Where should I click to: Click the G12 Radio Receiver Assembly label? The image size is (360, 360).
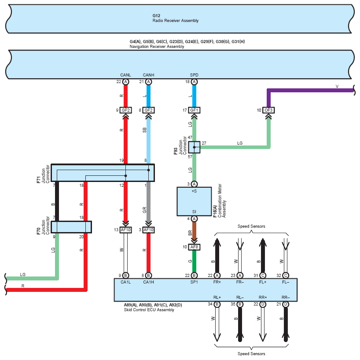click(x=175, y=18)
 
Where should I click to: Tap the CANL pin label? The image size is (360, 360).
click(x=125, y=75)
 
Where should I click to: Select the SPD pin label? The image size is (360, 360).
click(x=194, y=75)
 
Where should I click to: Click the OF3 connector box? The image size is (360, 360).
click(x=268, y=110)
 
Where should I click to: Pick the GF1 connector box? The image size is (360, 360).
click(x=194, y=110)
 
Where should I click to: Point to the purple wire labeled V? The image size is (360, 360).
click(x=308, y=91)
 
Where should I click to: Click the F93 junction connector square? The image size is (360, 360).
click(x=194, y=147)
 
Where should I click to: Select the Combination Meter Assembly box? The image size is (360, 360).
click(x=194, y=201)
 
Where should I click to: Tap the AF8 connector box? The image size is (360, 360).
click(x=194, y=247)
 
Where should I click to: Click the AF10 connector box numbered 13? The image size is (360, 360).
click(x=125, y=229)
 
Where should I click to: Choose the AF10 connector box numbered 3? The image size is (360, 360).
click(x=148, y=229)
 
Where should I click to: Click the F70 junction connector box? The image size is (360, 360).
click(x=71, y=227)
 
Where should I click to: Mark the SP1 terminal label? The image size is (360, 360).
click(x=194, y=282)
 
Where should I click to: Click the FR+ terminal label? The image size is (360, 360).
click(x=217, y=282)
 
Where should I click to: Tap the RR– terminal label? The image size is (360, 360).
click(x=286, y=297)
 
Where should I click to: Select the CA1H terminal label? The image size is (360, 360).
click(x=148, y=282)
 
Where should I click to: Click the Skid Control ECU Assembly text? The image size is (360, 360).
click(x=149, y=310)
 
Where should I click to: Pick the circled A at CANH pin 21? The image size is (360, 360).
click(x=148, y=82)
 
